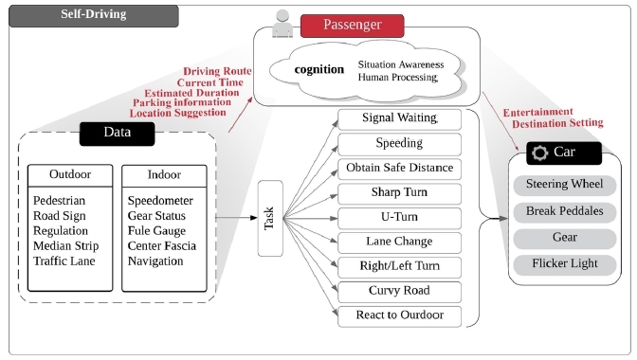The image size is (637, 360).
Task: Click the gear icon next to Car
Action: point(540,153)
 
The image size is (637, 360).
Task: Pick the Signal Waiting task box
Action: point(399,118)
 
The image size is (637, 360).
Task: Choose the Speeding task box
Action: point(399,143)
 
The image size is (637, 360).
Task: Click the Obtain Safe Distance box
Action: point(399,168)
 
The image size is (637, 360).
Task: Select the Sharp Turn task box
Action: point(399,192)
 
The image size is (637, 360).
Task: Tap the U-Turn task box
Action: point(399,217)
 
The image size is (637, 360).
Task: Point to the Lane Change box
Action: point(399,242)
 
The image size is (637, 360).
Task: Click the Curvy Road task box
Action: point(399,290)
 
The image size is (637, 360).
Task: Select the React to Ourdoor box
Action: point(399,315)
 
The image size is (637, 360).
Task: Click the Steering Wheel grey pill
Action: point(565,186)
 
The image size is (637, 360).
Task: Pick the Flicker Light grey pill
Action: point(565,262)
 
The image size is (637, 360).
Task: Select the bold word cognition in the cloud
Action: point(318,70)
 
